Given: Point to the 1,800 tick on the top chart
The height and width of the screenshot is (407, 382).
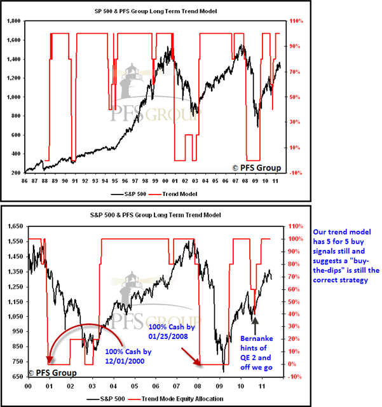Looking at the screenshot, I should [x=12, y=21].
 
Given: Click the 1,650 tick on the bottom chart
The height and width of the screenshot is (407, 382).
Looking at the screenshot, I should [x=12, y=226].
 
